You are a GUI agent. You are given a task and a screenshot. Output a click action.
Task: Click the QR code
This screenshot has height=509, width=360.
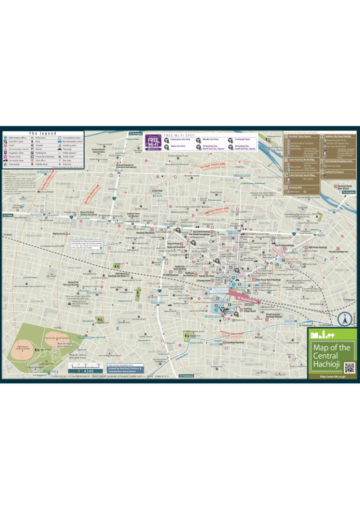pos(349,367)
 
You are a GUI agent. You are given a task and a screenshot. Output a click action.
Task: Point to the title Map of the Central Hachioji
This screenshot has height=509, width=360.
pos(331,355)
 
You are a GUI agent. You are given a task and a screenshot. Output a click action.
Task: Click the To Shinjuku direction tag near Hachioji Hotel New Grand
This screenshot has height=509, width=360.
pos(348,192)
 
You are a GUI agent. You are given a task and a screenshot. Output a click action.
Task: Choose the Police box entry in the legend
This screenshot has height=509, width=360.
pos(40,138)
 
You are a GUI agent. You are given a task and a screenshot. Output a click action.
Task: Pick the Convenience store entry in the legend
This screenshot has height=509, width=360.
pos(72,138)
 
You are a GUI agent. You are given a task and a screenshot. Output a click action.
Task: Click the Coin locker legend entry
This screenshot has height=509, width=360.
pos(15,165)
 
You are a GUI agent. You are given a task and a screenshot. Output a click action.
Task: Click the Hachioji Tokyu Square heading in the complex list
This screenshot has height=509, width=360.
pos(301,136)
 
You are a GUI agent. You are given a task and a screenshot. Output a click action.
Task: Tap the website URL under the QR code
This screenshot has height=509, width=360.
pos(332,376)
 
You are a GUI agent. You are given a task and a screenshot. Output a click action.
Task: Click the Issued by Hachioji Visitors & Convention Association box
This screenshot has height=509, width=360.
pos(125,369)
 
